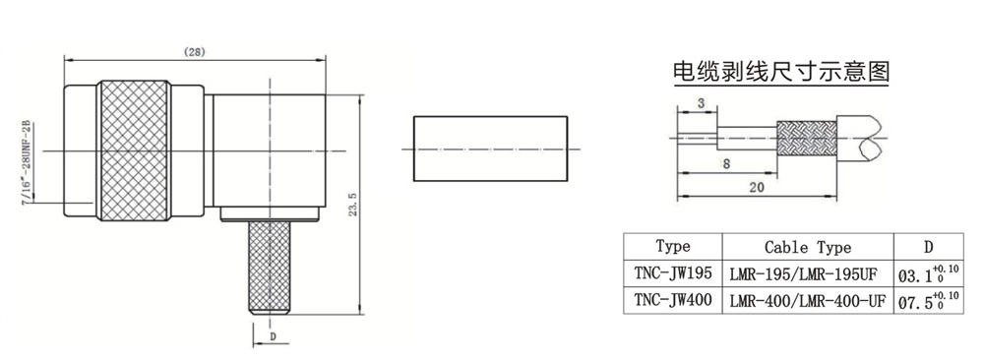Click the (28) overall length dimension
[x=195, y=53]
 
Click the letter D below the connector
[x=273, y=336]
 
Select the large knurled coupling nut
[x=136, y=151]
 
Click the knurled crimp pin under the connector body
[x=271, y=268]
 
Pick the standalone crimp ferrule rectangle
[x=490, y=149]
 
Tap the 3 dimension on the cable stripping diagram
[x=701, y=104]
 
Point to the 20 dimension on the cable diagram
[x=756, y=187]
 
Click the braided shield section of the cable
[x=807, y=139]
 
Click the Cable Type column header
[x=808, y=247]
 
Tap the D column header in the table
[x=929, y=247]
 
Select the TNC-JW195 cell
[x=672, y=272]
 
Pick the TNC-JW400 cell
[x=672, y=300]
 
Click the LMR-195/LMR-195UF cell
[x=808, y=274]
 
